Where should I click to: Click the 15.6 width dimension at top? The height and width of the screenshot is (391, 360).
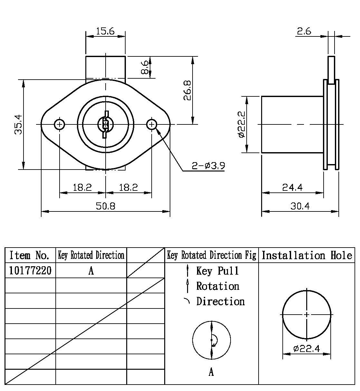click(105, 31)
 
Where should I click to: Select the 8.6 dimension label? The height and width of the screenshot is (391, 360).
click(145, 67)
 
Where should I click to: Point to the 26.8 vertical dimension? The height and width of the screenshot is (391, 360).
click(187, 90)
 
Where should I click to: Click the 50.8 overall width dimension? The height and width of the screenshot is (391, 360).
click(105, 206)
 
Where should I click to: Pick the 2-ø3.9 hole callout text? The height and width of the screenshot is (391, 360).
click(208, 166)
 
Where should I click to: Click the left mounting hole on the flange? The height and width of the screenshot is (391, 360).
click(60, 124)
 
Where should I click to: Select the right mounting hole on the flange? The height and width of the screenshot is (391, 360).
click(152, 124)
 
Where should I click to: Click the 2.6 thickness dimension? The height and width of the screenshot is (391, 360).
click(304, 31)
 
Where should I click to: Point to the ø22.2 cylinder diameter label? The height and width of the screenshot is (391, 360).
click(241, 124)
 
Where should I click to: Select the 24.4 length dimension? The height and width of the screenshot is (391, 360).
click(292, 187)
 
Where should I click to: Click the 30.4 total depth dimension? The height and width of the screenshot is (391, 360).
click(300, 206)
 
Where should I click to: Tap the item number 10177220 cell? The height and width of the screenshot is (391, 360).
click(30, 271)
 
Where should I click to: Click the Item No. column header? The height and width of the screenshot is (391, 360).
click(30, 256)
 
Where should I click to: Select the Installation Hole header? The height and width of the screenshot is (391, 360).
click(307, 256)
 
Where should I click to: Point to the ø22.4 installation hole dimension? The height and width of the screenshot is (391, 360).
click(306, 348)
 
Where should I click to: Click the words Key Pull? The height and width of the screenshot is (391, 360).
click(218, 271)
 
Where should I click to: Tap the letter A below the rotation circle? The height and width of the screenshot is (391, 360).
click(211, 372)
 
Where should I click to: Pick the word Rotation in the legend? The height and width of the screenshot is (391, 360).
click(218, 286)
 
